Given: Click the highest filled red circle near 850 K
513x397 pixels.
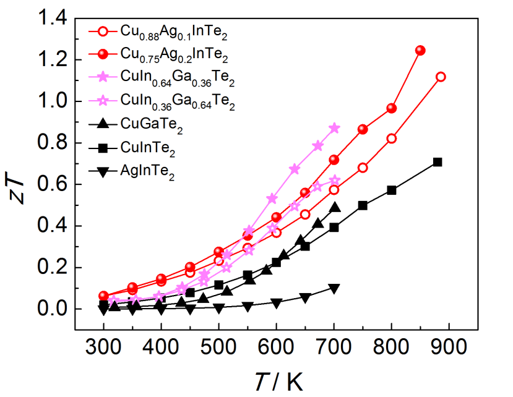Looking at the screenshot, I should click(x=420, y=51).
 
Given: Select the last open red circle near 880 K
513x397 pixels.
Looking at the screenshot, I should click(x=441, y=77).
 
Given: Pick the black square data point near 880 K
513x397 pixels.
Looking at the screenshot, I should click(x=438, y=162).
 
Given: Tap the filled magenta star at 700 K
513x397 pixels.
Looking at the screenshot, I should click(x=334, y=128).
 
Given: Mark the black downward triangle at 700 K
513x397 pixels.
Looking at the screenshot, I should click(x=334, y=289).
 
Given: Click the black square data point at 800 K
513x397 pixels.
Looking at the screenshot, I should click(x=392, y=190).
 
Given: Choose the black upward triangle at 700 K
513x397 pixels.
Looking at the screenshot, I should click(x=334, y=208).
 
